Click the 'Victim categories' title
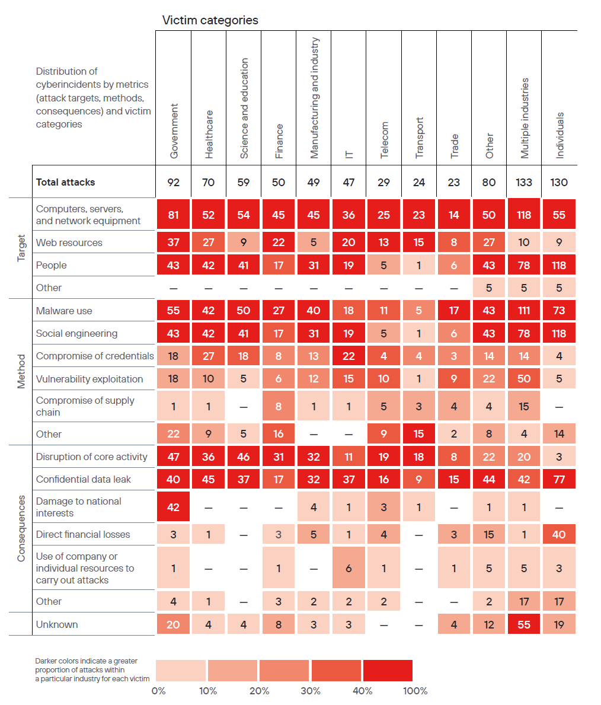click(x=210, y=20)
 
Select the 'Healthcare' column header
click(x=209, y=134)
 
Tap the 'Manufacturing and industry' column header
click(x=314, y=98)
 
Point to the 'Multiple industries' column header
click(x=524, y=118)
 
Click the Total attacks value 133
click(x=524, y=182)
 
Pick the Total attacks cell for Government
click(x=173, y=182)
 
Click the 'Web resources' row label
click(x=69, y=243)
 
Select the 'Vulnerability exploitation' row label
click(x=89, y=379)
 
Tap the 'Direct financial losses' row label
click(x=83, y=534)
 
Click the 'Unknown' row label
click(x=57, y=624)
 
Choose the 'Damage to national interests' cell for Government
click(x=173, y=507)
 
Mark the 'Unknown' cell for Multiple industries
click(x=524, y=624)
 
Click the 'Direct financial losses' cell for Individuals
click(x=559, y=534)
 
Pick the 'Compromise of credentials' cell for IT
click(x=349, y=356)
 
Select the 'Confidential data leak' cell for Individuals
click(x=559, y=479)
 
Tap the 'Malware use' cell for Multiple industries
click(x=524, y=311)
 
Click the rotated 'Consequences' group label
click(x=21, y=529)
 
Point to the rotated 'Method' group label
click(x=21, y=371)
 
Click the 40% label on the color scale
click(x=363, y=691)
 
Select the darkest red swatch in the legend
click(x=388, y=670)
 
